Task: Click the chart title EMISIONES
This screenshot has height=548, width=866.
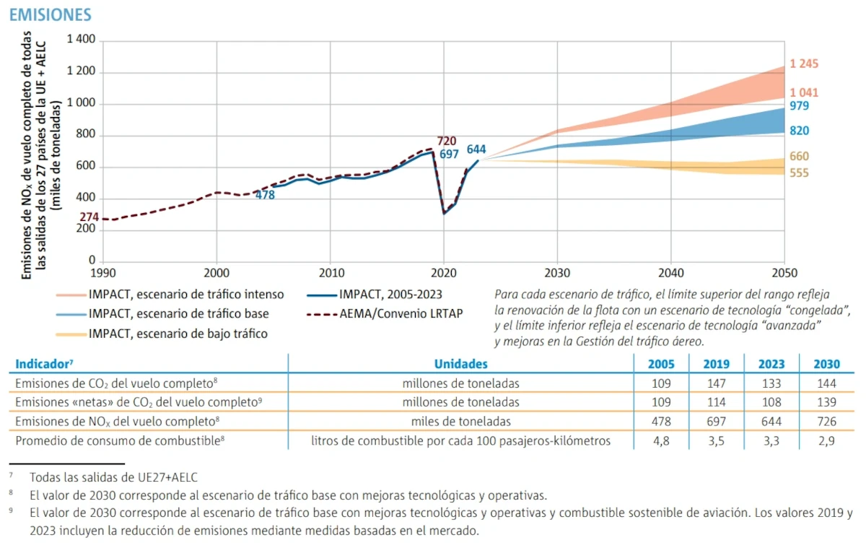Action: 50,14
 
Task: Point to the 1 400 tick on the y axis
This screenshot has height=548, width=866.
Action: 81,40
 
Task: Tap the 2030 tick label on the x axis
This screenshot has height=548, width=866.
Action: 557,274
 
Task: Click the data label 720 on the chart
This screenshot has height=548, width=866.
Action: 447,141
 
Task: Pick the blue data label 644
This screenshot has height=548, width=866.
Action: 476,149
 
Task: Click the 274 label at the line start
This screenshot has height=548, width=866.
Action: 89,217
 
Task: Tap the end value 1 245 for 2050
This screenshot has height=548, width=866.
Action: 804,64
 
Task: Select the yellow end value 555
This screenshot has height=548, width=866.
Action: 799,173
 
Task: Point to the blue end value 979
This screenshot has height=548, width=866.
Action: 799,106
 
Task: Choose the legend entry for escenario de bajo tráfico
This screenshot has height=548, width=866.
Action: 178,334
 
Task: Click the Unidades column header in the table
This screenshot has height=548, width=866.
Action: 460,364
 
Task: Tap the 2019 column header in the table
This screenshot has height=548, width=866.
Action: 717,364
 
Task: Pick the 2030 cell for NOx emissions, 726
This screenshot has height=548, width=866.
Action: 826,421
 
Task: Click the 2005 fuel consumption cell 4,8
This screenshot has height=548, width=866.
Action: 661,440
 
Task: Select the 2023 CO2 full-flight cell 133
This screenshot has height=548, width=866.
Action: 771,383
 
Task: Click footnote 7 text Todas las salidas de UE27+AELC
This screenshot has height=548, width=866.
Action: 113,477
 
